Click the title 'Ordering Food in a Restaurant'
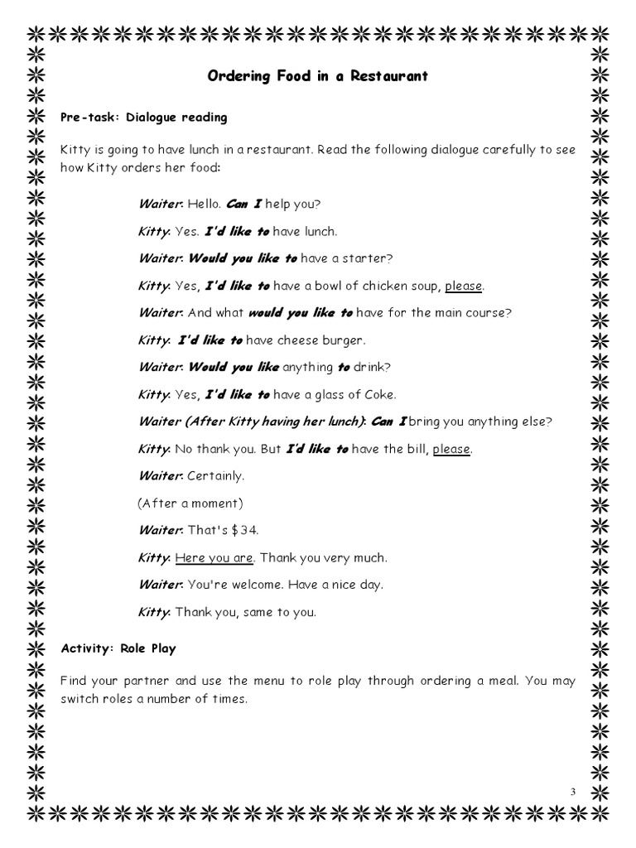click(317, 76)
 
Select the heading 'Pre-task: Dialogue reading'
click(144, 118)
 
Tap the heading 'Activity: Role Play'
click(118, 648)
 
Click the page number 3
click(572, 793)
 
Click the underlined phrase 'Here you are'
click(213, 557)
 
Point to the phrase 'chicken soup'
click(403, 286)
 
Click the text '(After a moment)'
click(190, 503)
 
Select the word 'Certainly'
click(214, 476)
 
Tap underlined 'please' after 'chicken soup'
click(463, 286)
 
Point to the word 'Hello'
click(203, 204)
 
